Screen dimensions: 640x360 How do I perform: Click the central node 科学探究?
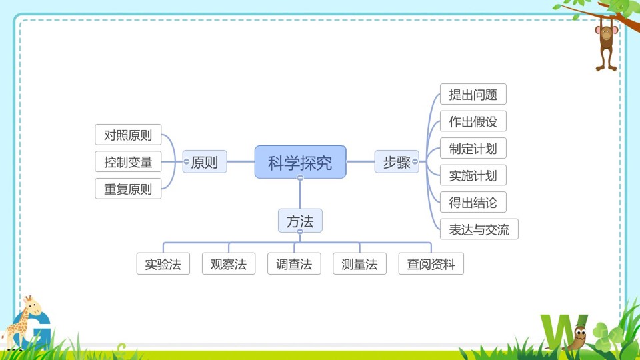pyautogui.click(x=301, y=162)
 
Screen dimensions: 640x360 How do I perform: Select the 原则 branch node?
pyautogui.click(x=205, y=161)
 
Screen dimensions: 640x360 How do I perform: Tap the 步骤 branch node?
pyautogui.click(x=397, y=161)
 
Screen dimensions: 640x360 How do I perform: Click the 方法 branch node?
pyautogui.click(x=300, y=221)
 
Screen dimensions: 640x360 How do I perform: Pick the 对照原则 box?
pyautogui.click(x=128, y=135)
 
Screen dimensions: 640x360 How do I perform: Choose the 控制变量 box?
pyautogui.click(x=128, y=161)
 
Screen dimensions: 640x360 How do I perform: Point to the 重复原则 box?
pyautogui.click(x=128, y=189)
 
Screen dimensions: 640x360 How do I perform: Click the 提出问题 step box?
pyautogui.click(x=473, y=94)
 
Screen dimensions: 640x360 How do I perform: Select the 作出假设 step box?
pyautogui.click(x=473, y=121)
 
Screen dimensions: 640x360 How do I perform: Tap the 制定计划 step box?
pyautogui.click(x=473, y=148)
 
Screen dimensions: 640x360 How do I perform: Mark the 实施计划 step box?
pyautogui.click(x=473, y=175)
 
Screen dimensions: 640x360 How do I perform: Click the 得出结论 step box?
pyautogui.click(x=473, y=202)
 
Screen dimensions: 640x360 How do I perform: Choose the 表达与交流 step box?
pyautogui.click(x=479, y=229)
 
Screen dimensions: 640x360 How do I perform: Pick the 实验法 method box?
pyautogui.click(x=163, y=264)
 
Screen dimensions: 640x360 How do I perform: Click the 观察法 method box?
pyautogui.click(x=229, y=264)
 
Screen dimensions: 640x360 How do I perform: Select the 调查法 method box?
pyautogui.click(x=294, y=264)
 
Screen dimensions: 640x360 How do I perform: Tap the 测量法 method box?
pyautogui.click(x=359, y=264)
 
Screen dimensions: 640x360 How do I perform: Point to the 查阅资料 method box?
pyautogui.click(x=431, y=264)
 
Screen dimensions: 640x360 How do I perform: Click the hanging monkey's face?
pyautogui.click(x=607, y=33)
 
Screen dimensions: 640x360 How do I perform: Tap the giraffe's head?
pyautogui.click(x=32, y=306)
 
